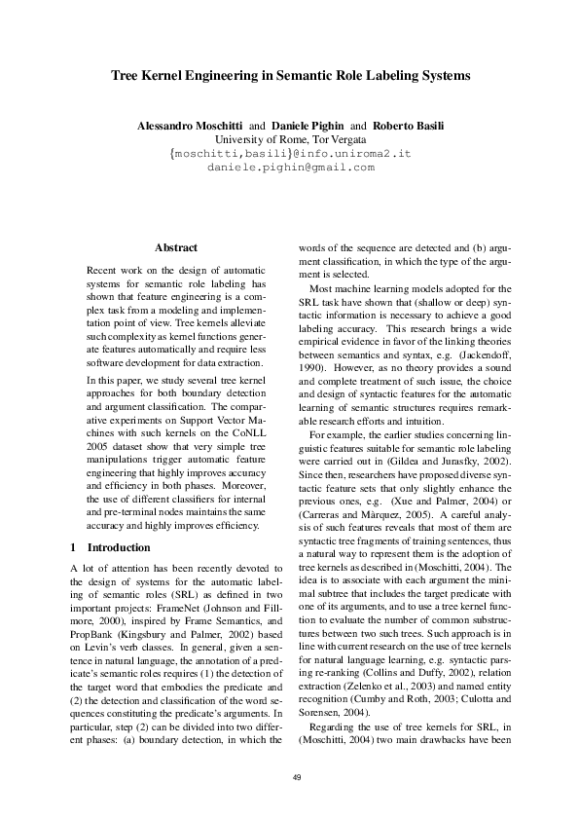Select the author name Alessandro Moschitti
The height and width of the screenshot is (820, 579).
coord(189,127)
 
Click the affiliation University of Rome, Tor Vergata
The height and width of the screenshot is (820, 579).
coord(290,140)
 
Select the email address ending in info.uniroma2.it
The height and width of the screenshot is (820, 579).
coord(290,154)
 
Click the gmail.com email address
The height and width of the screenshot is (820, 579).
coord(290,168)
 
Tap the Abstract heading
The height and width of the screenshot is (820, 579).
coord(176,248)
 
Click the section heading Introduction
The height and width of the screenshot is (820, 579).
coord(119,547)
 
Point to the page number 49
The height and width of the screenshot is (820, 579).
coord(289,776)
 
